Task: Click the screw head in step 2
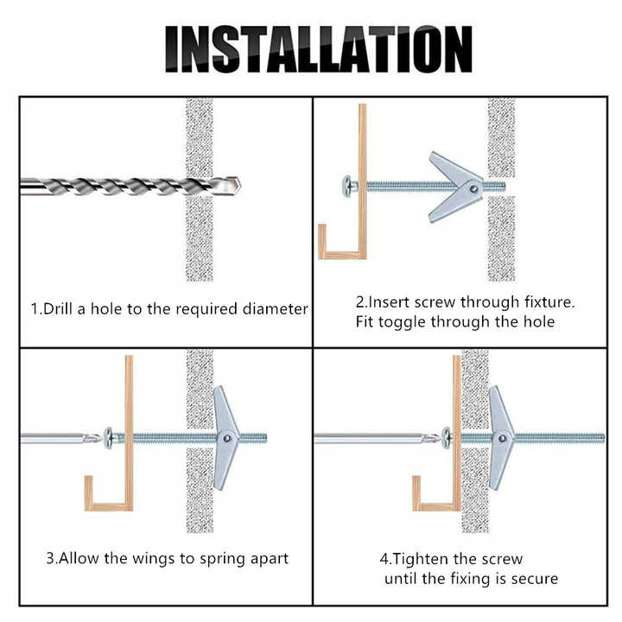[x=348, y=184]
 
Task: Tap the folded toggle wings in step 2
[x=454, y=184]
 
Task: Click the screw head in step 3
[x=109, y=437]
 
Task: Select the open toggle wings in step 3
[x=226, y=435]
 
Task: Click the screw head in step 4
[x=447, y=437]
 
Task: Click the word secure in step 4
[x=532, y=578]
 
